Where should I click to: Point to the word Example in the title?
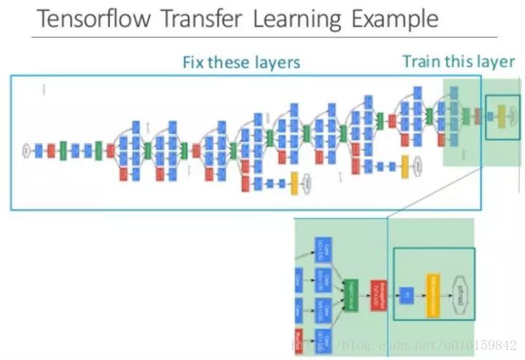[x=395, y=19]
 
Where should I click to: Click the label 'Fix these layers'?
[x=241, y=62]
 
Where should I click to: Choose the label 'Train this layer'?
[x=459, y=61]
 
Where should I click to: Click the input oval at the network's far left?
[x=26, y=151]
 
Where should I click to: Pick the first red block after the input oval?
[x=51, y=151]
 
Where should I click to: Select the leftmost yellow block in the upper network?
[x=295, y=182]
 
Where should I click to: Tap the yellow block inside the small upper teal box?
[x=501, y=114]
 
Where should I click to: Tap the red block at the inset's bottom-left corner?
[x=298, y=339]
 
